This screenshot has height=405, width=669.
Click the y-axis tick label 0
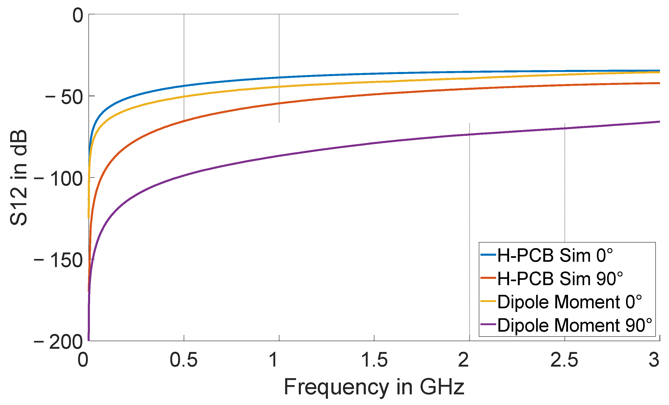click(78, 16)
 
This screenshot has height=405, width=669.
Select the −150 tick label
click(58, 261)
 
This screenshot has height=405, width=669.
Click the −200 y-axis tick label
click(58, 342)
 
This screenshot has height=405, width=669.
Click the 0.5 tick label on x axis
click(183, 360)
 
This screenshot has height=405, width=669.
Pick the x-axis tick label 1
click(273, 360)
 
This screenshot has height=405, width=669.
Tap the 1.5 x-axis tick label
click(374, 360)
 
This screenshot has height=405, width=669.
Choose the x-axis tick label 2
click(464, 360)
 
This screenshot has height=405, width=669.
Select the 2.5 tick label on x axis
click(564, 360)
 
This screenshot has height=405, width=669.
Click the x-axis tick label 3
click(654, 360)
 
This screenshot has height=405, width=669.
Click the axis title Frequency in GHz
click(374, 387)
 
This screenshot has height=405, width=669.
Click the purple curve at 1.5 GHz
click(374, 143)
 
